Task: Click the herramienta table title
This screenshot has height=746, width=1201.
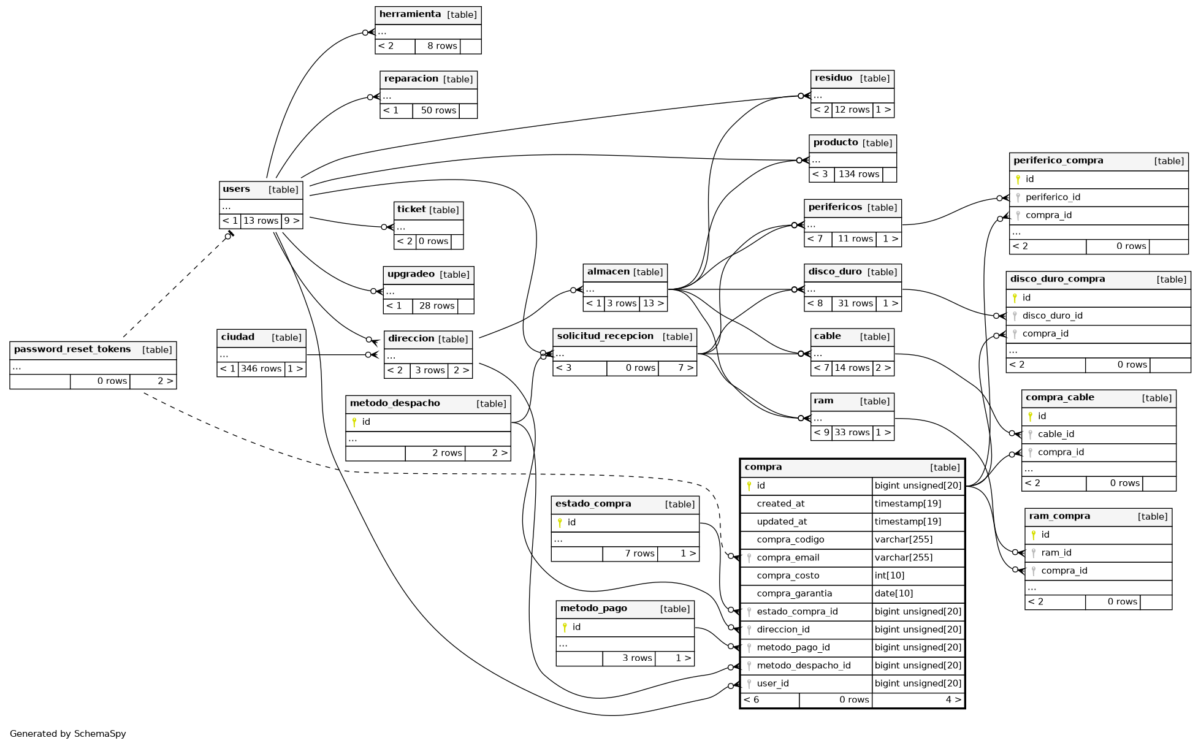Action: click(410, 14)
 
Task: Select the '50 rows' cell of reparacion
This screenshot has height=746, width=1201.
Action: click(438, 110)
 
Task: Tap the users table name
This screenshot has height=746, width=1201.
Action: click(237, 189)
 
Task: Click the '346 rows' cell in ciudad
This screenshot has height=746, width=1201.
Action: click(261, 368)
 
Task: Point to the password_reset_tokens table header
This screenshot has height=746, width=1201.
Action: click(72, 349)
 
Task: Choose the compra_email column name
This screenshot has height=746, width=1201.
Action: click(788, 557)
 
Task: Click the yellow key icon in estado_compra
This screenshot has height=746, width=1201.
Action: click(560, 522)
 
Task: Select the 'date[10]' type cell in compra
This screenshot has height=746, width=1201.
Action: click(894, 593)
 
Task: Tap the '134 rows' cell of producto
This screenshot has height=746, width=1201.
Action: click(858, 174)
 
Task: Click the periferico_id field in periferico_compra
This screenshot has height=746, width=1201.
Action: click(1053, 197)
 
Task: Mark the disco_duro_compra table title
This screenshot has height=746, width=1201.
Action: click(1058, 279)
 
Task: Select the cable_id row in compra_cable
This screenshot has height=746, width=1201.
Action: click(1056, 434)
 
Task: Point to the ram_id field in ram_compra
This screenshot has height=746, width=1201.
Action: click(1056, 552)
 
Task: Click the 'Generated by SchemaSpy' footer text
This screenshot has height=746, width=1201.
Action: click(68, 733)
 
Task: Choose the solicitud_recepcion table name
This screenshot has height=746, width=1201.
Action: click(605, 336)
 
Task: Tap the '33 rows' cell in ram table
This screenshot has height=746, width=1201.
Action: click(852, 432)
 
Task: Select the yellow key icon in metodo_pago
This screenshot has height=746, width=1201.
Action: click(565, 627)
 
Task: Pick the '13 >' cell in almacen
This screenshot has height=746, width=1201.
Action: click(653, 303)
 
